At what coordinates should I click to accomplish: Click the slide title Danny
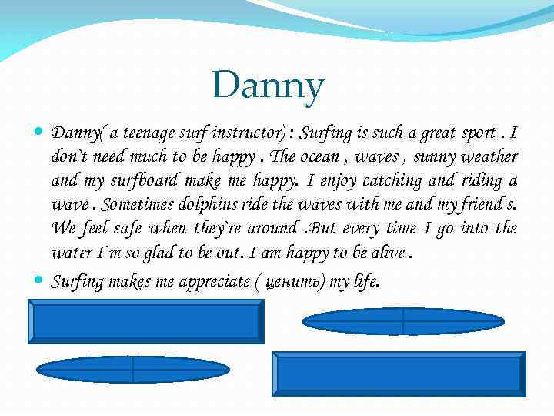tap(269, 86)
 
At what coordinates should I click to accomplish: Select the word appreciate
tap(214, 281)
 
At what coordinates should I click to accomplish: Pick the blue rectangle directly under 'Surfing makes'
tap(146, 322)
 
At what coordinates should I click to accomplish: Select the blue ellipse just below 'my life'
tap(404, 321)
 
